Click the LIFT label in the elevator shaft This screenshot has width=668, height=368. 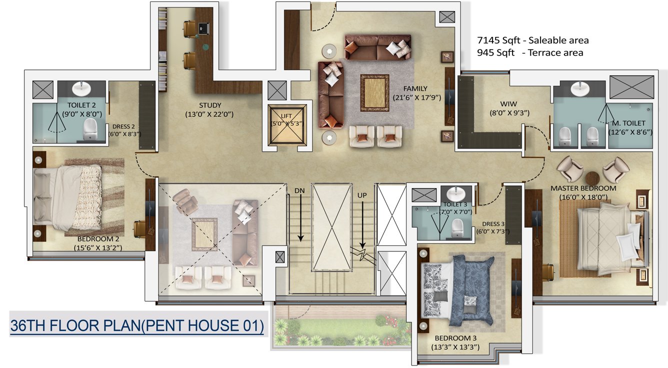tap(286, 116)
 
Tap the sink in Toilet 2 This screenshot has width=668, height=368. tap(81, 89)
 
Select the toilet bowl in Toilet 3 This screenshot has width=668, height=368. tap(456, 227)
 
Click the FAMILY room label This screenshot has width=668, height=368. tap(416, 89)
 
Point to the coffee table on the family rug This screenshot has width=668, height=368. tap(374, 93)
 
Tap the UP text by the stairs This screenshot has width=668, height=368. tap(362, 195)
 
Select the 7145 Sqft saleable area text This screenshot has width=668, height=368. tap(533, 40)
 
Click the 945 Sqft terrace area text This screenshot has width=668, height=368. tap(530, 53)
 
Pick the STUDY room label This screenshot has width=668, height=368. tap(210, 105)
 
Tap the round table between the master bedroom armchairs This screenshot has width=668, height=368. tap(592, 178)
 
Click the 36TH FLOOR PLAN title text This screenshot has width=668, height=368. tap(136, 326)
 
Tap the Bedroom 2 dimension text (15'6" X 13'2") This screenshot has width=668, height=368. tap(97, 247)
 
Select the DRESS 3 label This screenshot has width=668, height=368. tap(494, 224)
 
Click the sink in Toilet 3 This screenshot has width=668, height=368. tap(455, 193)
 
